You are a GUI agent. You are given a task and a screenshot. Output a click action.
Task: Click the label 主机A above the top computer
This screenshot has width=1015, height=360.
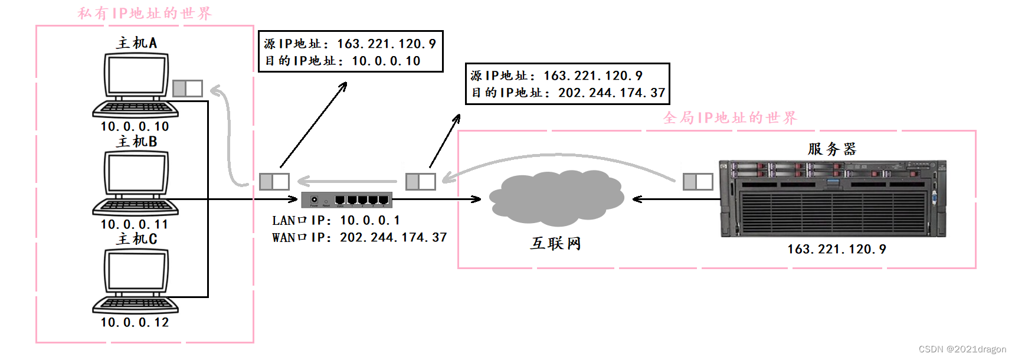[x=136, y=43]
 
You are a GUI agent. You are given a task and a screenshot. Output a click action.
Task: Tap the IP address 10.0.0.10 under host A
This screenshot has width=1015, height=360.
[x=135, y=126]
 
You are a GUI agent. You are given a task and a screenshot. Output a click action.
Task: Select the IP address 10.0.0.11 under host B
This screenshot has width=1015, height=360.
[x=135, y=224]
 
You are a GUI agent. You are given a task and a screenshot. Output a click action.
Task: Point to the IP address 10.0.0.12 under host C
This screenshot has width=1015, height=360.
[x=135, y=322]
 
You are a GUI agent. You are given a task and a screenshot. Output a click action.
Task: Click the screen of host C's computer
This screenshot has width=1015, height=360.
[x=136, y=272]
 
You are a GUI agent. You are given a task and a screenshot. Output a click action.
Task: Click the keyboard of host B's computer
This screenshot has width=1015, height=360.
[x=136, y=207]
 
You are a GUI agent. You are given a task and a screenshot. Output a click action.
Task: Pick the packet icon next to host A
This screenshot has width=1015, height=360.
[x=188, y=89]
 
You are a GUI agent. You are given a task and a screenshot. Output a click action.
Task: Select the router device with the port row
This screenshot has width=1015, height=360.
[x=346, y=199]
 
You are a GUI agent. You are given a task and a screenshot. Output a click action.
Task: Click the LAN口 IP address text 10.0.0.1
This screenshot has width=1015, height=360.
[x=370, y=220]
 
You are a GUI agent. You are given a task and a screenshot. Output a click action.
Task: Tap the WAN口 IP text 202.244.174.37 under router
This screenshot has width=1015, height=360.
[x=393, y=237]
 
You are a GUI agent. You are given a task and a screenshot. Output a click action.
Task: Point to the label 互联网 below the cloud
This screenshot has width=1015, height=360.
[x=555, y=243]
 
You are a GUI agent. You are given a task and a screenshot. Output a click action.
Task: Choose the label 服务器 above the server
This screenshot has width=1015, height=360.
[x=831, y=149]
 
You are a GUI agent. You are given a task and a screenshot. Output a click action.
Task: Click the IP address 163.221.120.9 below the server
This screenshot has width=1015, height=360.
[x=836, y=249]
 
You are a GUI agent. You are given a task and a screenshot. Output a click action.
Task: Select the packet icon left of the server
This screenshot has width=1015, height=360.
[x=698, y=181]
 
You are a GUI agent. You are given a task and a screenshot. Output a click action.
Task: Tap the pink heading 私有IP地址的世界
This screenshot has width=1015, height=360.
[x=145, y=13]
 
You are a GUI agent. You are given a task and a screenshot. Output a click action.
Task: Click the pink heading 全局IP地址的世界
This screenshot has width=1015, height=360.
[x=730, y=117]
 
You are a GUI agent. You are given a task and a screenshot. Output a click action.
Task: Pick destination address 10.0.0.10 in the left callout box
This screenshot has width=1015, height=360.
[x=386, y=61]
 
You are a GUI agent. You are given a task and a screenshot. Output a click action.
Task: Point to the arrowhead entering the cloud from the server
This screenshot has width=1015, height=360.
[x=637, y=199]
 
